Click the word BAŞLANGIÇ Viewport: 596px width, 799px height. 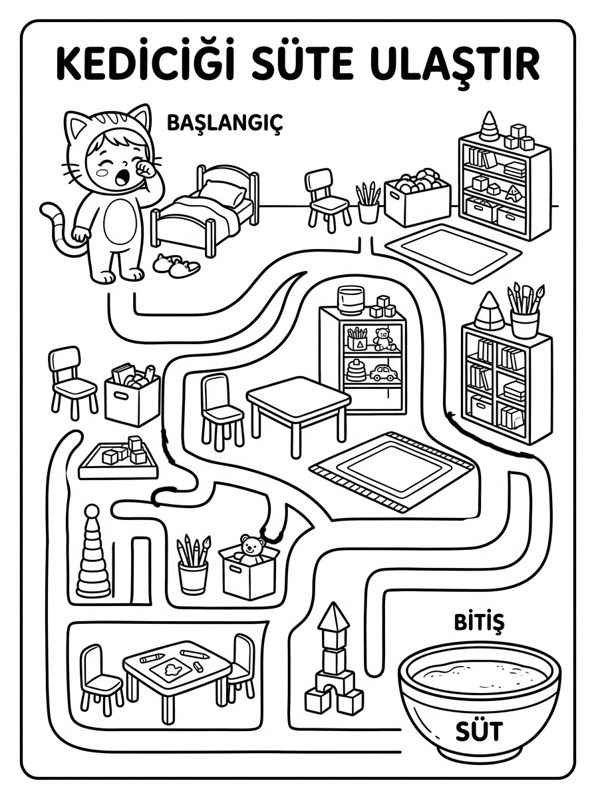point(224,124)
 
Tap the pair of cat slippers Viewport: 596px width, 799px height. point(176,264)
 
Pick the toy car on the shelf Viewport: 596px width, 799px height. point(384,373)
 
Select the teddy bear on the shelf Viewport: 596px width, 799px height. point(383,339)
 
